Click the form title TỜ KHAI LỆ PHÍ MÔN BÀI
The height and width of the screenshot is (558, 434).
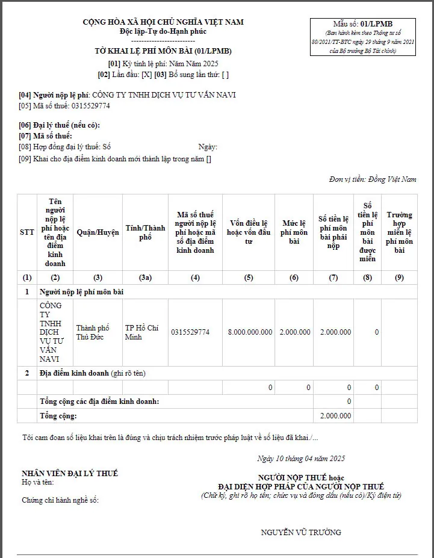point(163,51)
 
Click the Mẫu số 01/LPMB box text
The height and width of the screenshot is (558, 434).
point(362,24)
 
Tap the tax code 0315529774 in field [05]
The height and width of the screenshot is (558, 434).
point(90,106)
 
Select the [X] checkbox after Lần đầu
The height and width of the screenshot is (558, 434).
point(146,75)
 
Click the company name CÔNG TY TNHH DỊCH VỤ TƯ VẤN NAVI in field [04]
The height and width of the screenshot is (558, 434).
point(164,95)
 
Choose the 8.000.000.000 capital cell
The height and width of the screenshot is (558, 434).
point(250,332)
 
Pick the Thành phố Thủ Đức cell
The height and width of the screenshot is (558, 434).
point(93,332)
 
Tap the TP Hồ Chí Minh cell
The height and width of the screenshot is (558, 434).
point(141,332)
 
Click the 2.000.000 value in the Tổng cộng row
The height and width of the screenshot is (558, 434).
point(336,416)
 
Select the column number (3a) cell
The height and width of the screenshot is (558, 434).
point(145,277)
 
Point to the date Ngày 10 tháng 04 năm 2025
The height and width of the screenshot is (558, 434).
point(300,459)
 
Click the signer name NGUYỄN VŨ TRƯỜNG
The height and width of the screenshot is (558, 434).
point(301,532)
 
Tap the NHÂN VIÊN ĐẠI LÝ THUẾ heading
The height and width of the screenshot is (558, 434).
point(70,474)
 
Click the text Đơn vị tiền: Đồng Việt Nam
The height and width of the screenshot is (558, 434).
point(373,179)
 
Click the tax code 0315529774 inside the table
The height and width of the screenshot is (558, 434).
point(190,332)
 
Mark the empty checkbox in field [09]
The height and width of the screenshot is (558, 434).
point(209,160)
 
